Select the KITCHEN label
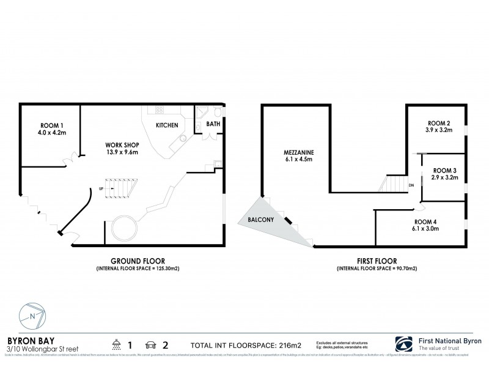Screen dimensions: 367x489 167,125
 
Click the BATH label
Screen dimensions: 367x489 213,124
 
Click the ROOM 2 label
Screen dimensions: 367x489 438,123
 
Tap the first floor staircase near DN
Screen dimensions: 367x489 395,183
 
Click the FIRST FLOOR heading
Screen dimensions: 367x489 373,261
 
